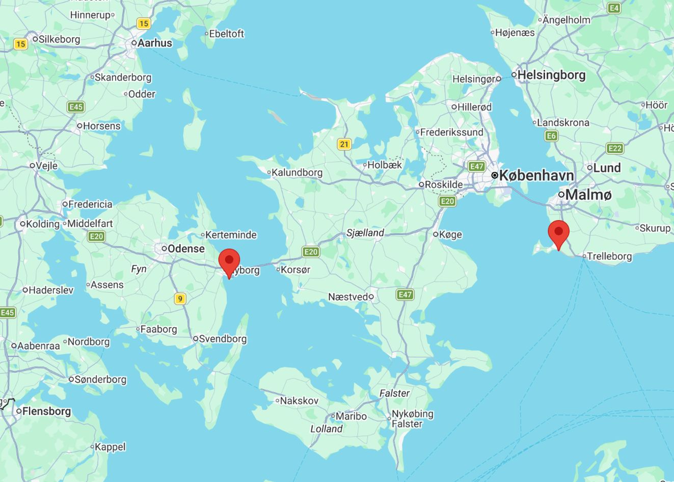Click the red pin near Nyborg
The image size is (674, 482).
(x=229, y=261)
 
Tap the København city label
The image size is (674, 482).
(x=536, y=175)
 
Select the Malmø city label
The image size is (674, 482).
(x=588, y=194)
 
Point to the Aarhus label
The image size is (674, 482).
(x=155, y=43)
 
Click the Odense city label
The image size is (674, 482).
(x=186, y=249)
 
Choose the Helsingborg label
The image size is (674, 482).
(x=551, y=75)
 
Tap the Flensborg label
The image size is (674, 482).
(x=47, y=411)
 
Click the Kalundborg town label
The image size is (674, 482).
(x=297, y=172)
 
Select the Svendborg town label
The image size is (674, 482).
(x=223, y=339)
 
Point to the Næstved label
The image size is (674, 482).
(x=348, y=297)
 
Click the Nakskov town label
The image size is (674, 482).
(x=300, y=401)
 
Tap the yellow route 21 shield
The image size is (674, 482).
(x=344, y=144)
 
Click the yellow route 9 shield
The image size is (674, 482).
(x=180, y=299)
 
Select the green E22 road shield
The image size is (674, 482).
(x=615, y=148)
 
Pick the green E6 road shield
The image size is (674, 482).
(x=551, y=136)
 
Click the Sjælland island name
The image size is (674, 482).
(x=365, y=233)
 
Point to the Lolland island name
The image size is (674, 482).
(x=327, y=429)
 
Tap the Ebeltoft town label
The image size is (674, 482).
(x=227, y=34)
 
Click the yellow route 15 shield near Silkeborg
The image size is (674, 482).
(x=20, y=44)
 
